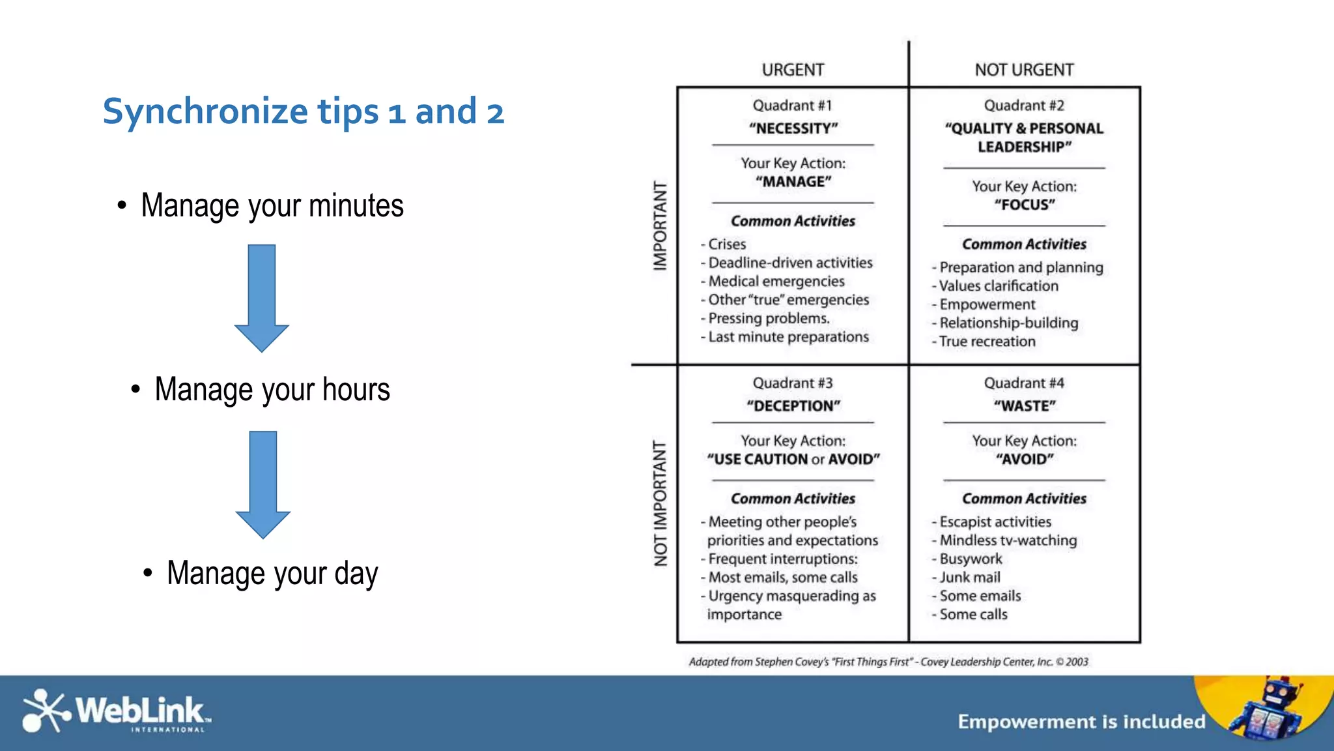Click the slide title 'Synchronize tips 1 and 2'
coord(303,111)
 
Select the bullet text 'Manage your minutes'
coord(272,205)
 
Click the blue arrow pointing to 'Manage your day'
coord(263,483)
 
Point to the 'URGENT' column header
coord(793,70)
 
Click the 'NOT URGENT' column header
coord(1024,70)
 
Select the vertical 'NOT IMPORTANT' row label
coord(660,503)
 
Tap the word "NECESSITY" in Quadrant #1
coord(793,128)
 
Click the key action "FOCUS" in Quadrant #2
coord(1024,205)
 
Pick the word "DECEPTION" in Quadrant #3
coord(793,406)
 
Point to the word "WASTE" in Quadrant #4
coord(1024,406)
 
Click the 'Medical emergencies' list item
coord(776,281)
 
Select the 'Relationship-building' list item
coord(1008,323)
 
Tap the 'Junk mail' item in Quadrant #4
coord(969,577)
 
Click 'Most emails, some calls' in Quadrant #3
coord(782,577)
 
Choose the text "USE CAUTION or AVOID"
coord(793,459)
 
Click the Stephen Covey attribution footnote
coord(888,662)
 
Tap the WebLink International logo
coord(116,711)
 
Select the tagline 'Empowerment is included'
coord(1081,722)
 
